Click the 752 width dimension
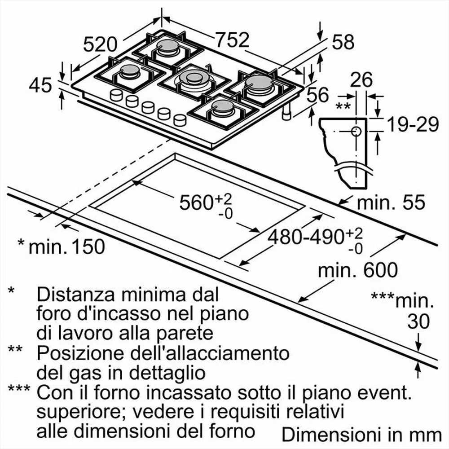[231, 40]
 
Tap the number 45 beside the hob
[40, 85]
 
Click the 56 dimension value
[317, 95]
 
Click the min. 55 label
[390, 203]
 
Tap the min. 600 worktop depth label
[357, 270]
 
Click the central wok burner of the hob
[194, 78]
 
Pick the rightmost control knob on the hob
[180, 119]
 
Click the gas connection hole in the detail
[356, 132]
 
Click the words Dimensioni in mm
[361, 434]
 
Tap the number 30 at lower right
[418, 321]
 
